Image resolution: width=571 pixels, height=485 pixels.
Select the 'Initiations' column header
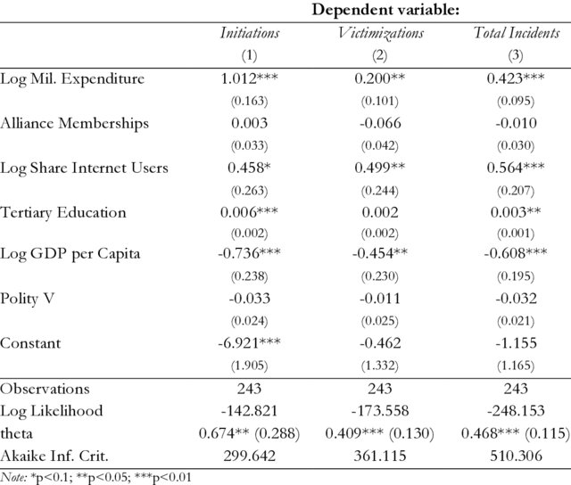pyautogui.click(x=250, y=33)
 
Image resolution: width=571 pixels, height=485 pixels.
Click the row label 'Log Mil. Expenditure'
pyautogui.click(x=72, y=78)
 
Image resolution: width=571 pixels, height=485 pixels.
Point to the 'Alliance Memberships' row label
pyautogui.click(x=75, y=123)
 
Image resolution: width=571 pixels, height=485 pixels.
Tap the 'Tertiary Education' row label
pyautogui.click(x=64, y=212)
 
